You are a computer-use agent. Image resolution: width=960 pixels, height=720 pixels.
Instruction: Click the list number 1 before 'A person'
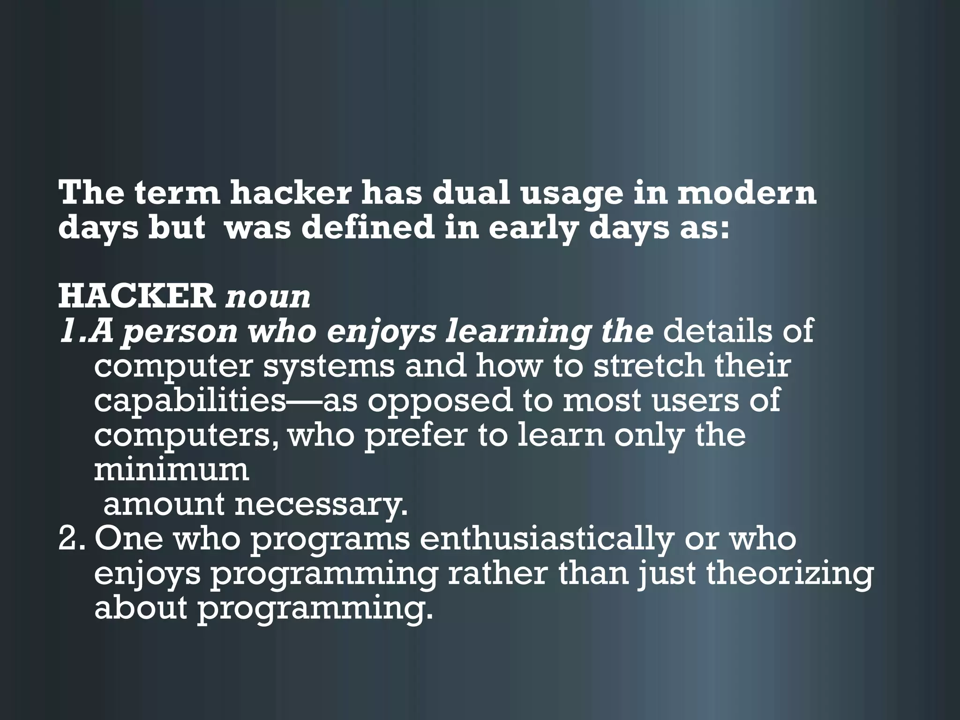click(68, 331)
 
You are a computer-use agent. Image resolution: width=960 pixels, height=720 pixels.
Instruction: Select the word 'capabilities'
click(189, 401)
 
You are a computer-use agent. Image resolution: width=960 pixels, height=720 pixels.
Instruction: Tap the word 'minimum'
click(172, 470)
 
